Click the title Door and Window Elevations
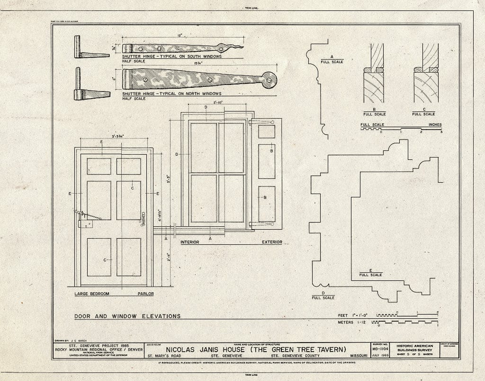[127, 316]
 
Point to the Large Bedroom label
[92, 294]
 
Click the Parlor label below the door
[145, 294]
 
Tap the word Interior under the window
[189, 242]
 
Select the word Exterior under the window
[272, 242]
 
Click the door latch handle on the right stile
[143, 219]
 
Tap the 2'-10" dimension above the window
[219, 102]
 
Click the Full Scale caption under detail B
[374, 114]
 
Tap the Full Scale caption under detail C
[423, 114]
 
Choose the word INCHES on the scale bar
[435, 125]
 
